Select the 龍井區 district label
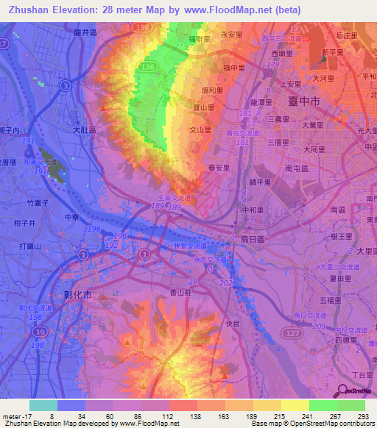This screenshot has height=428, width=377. (85, 32)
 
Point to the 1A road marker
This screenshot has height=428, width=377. (194, 282)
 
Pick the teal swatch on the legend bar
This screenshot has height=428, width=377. (43, 405)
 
